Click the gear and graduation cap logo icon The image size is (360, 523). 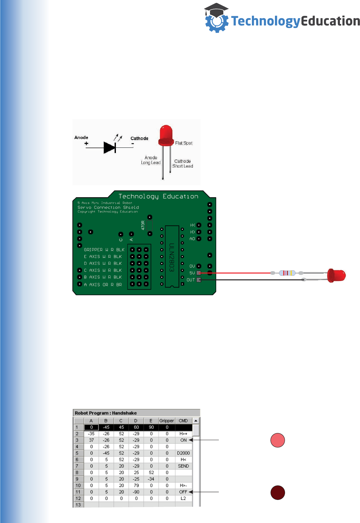click(216, 19)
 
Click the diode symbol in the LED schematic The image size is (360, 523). click(110, 147)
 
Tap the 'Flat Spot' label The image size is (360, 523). click(184, 143)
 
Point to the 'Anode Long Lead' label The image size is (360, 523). click(151, 160)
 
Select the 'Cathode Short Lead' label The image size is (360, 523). click(183, 163)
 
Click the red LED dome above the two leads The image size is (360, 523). click(166, 135)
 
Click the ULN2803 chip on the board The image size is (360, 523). click(172, 257)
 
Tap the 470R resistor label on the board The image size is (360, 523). click(143, 225)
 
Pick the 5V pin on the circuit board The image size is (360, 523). click(199, 273)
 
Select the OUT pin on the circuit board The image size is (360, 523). click(199, 280)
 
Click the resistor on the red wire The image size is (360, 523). click(287, 273)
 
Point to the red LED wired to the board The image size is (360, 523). click(336, 275)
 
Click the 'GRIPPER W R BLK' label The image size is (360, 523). click(104, 250)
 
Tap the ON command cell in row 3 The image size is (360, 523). click(183, 440)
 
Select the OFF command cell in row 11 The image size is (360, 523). click(183, 492)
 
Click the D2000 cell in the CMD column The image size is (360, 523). click(183, 453)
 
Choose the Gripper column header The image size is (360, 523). click(167, 421)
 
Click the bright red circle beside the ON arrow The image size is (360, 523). click(278, 440)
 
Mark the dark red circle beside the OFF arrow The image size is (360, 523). click(278, 492)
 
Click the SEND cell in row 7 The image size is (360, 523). click(183, 466)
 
